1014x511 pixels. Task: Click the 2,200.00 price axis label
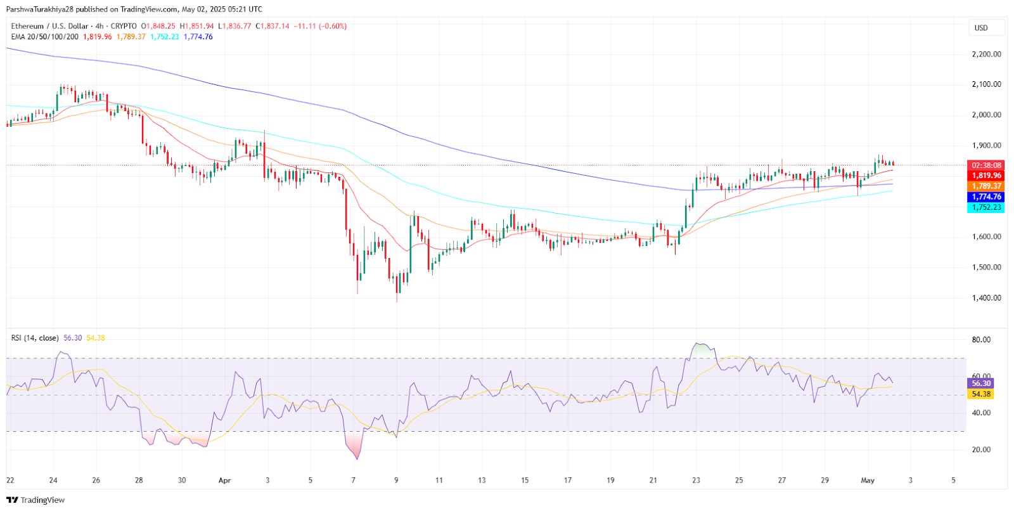click(x=986, y=55)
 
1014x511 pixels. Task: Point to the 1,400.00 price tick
click(x=986, y=298)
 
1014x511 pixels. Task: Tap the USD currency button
click(x=981, y=28)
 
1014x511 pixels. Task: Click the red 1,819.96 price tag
click(x=986, y=176)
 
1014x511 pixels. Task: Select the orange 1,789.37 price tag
click(x=986, y=186)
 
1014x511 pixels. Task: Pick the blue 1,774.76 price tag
click(x=986, y=197)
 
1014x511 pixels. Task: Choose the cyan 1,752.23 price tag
click(x=986, y=207)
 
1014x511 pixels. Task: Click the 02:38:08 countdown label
click(x=986, y=165)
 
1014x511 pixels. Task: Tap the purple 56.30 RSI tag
click(x=980, y=384)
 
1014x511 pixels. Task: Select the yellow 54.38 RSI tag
click(x=980, y=394)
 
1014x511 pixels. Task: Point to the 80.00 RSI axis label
click(x=981, y=340)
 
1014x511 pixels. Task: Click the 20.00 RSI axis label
click(x=981, y=450)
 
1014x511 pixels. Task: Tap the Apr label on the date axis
click(x=224, y=481)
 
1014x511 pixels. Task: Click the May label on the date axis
click(x=868, y=481)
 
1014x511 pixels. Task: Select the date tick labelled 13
click(x=482, y=481)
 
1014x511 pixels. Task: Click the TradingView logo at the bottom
click(x=35, y=500)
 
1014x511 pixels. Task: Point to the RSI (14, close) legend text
click(x=35, y=338)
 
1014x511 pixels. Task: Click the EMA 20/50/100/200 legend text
click(x=45, y=37)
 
